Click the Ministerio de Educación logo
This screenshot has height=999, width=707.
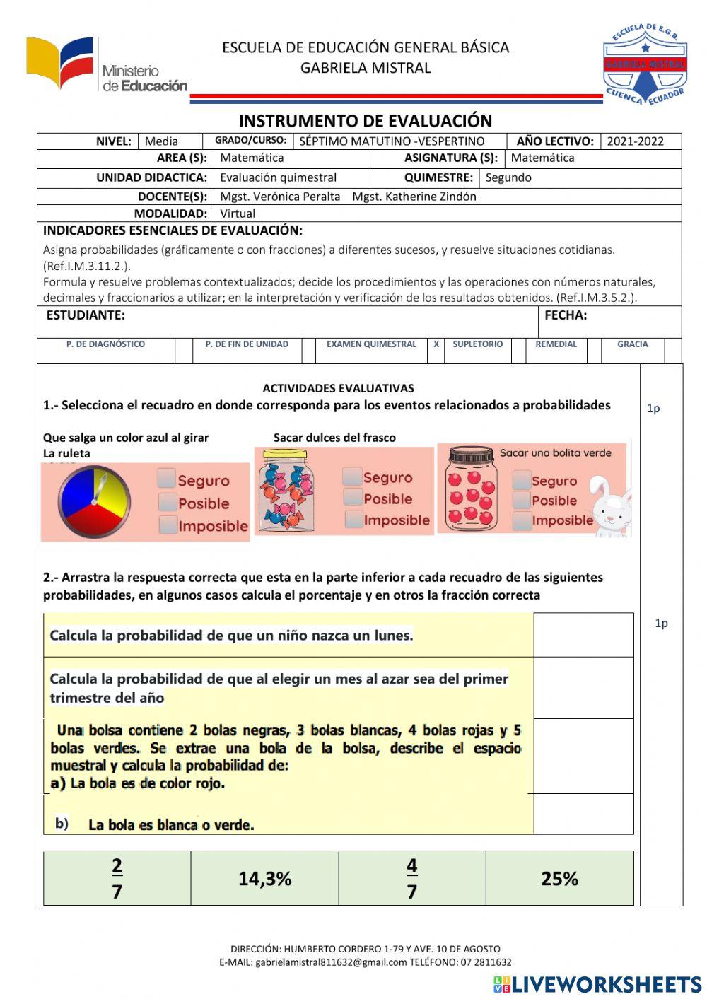click(106, 66)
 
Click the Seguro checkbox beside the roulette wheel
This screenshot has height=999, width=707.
click(168, 479)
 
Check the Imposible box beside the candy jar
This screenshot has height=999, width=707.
click(354, 520)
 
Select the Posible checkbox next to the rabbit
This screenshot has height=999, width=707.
click(522, 500)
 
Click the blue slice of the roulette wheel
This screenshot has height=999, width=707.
click(74, 495)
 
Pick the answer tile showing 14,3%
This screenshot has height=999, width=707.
click(264, 879)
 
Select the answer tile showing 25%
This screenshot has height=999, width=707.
click(559, 879)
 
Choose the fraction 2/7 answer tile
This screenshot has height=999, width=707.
click(117, 879)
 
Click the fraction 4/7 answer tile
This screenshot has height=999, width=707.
click(411, 879)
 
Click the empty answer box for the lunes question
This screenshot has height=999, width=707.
click(583, 635)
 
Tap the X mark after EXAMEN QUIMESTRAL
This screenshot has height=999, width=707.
click(436, 344)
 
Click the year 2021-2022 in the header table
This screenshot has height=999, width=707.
click(635, 141)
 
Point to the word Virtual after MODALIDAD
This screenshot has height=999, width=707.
click(238, 214)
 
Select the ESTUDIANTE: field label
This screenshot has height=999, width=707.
click(86, 315)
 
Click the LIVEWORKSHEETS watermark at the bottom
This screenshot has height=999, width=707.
click(597, 984)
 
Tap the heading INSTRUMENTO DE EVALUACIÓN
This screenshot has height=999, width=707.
click(365, 121)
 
